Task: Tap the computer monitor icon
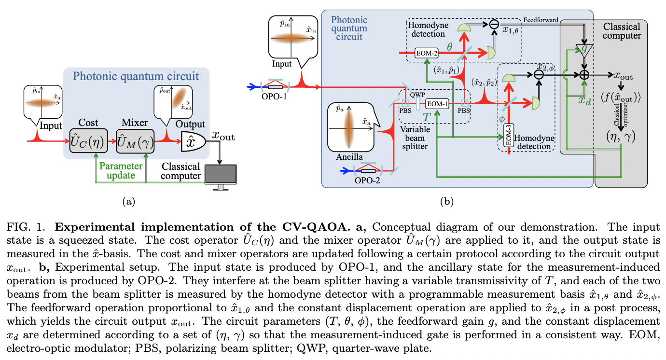coord(221,177)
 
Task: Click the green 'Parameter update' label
coord(121,170)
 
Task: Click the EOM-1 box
coord(437,103)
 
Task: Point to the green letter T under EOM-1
coord(427,116)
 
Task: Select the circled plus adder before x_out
coord(584,75)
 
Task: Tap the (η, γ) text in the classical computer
coord(621,137)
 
